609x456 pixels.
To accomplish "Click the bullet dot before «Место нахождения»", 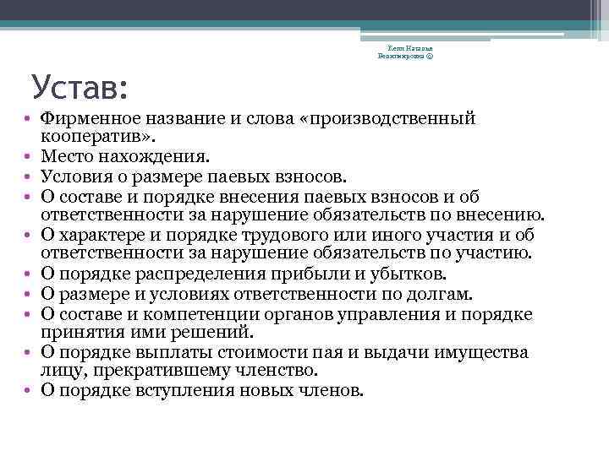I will coord(28,157).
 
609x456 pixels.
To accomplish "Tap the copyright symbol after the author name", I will coord(431,56).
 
